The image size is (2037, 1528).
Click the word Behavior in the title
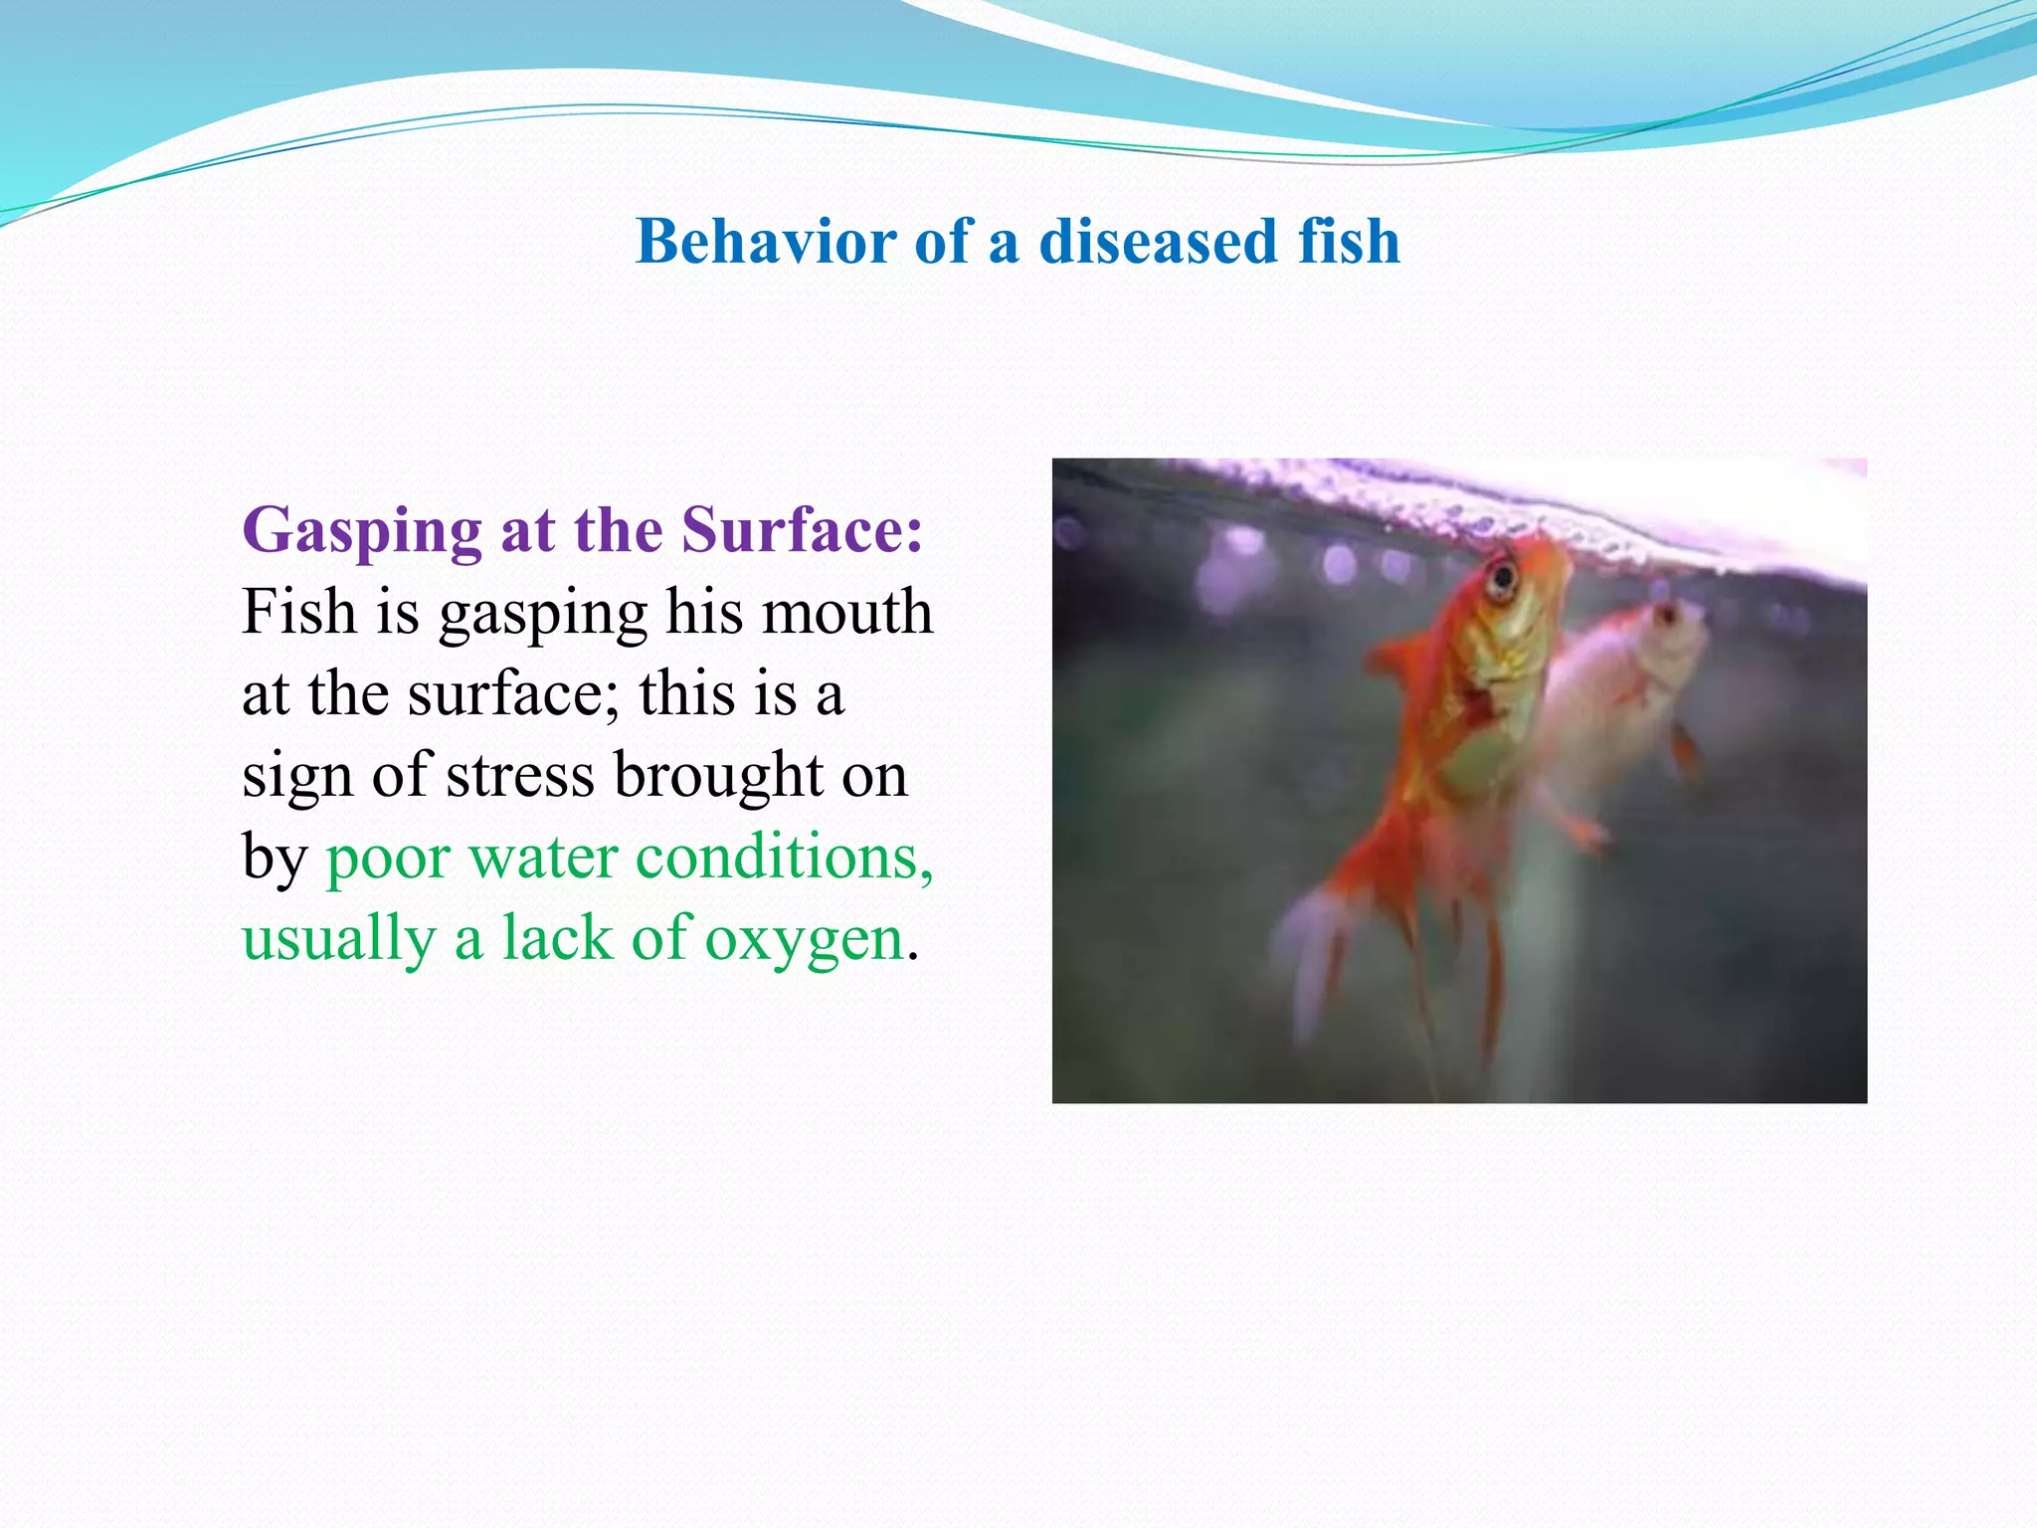[x=766, y=242]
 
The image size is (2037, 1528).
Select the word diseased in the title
[x=1158, y=242]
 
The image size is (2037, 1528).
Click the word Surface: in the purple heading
[x=802, y=529]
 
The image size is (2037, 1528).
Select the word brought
[x=718, y=777]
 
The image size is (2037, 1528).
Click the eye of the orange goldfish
[x=1501, y=577]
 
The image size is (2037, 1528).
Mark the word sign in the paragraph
[x=297, y=777]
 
